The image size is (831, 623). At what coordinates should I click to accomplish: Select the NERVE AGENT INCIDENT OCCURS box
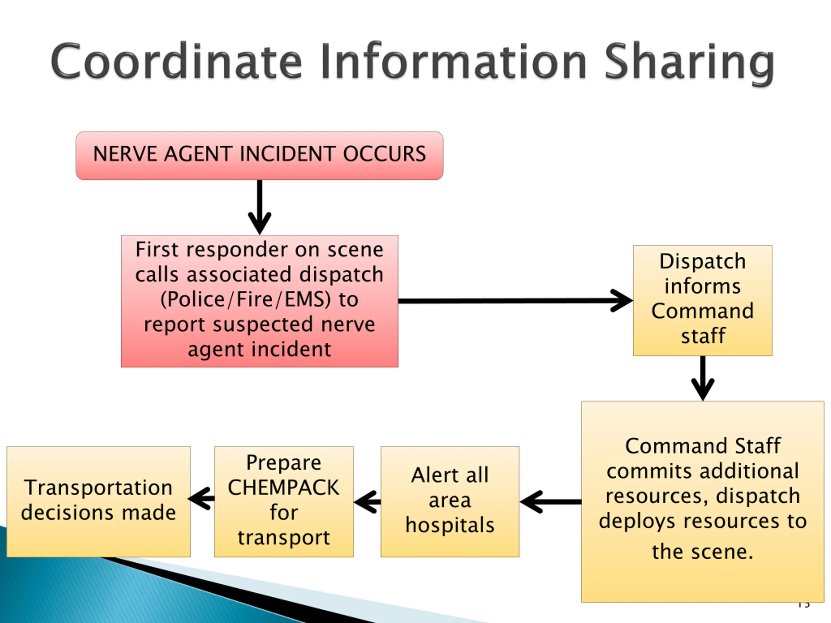coord(260,155)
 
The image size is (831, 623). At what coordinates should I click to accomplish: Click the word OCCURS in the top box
coord(384,154)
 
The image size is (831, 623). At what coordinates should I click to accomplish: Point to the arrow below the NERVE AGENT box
coord(260,207)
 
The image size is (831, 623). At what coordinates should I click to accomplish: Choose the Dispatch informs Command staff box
coord(702,300)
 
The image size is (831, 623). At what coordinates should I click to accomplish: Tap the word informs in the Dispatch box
coord(702,286)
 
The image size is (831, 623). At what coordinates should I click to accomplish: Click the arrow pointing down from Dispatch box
coord(703,378)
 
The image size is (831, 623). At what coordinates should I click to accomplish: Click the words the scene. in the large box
coord(703,552)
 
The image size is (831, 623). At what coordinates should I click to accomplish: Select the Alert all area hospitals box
coord(450,502)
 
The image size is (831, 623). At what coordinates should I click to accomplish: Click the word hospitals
coord(450,525)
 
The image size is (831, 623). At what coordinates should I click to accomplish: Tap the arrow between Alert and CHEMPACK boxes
coord(367,502)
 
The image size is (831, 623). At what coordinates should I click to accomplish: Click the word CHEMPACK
coord(284,487)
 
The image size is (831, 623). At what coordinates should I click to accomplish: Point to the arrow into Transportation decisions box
coord(201,499)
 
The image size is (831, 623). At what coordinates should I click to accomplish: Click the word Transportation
coord(98,487)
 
